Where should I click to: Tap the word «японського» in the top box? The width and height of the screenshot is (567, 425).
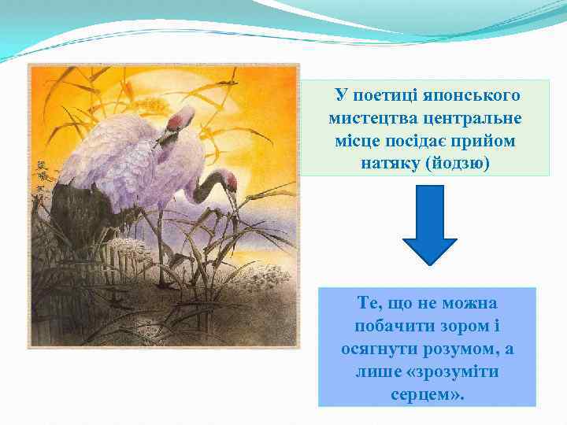pos(472,96)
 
